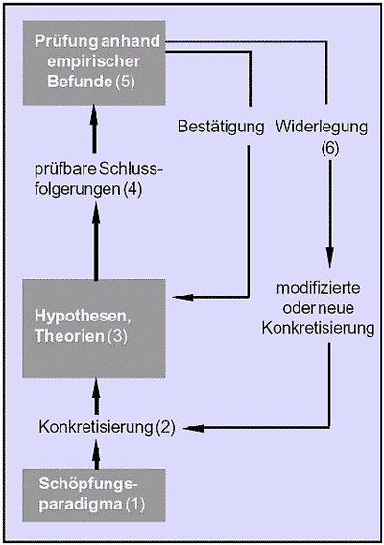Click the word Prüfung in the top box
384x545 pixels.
[x=66, y=41]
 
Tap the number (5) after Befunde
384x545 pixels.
[x=125, y=82]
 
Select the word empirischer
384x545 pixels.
[x=93, y=61]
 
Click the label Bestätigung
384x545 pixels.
[x=221, y=127]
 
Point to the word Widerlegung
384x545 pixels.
[x=322, y=127]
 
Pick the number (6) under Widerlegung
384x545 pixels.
[x=329, y=149]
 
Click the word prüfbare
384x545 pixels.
[x=65, y=170]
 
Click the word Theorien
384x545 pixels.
[x=69, y=336]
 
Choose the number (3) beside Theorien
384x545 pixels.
[x=117, y=337]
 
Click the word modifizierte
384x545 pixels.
[x=319, y=288]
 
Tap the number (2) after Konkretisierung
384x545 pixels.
[x=165, y=427]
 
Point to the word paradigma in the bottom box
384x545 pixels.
[x=81, y=505]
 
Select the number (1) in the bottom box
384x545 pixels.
[x=134, y=505]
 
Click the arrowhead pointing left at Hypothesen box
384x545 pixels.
[x=182, y=297]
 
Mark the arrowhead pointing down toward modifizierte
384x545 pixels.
[x=329, y=257]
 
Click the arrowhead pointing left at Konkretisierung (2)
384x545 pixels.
[x=193, y=428]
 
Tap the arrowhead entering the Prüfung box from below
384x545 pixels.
[x=93, y=116]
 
